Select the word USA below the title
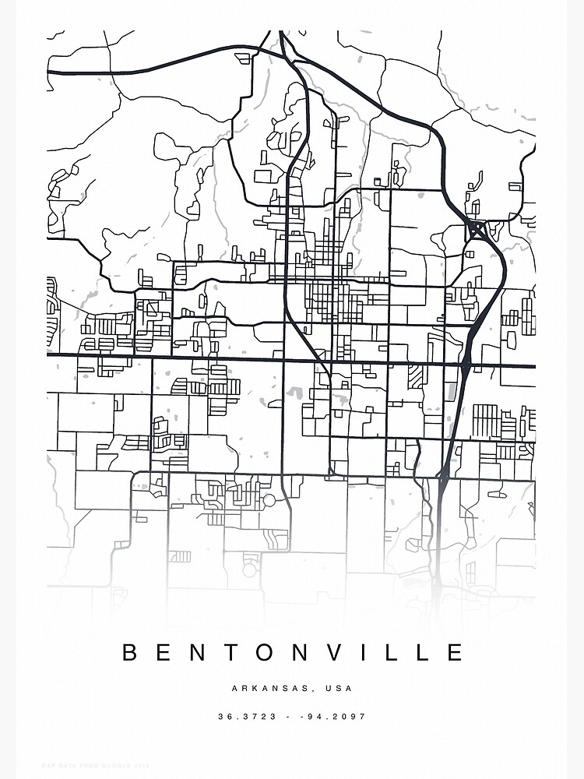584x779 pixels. tap(340, 689)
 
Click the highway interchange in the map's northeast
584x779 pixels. tap(475, 231)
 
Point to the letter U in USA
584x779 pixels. tap(330, 689)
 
